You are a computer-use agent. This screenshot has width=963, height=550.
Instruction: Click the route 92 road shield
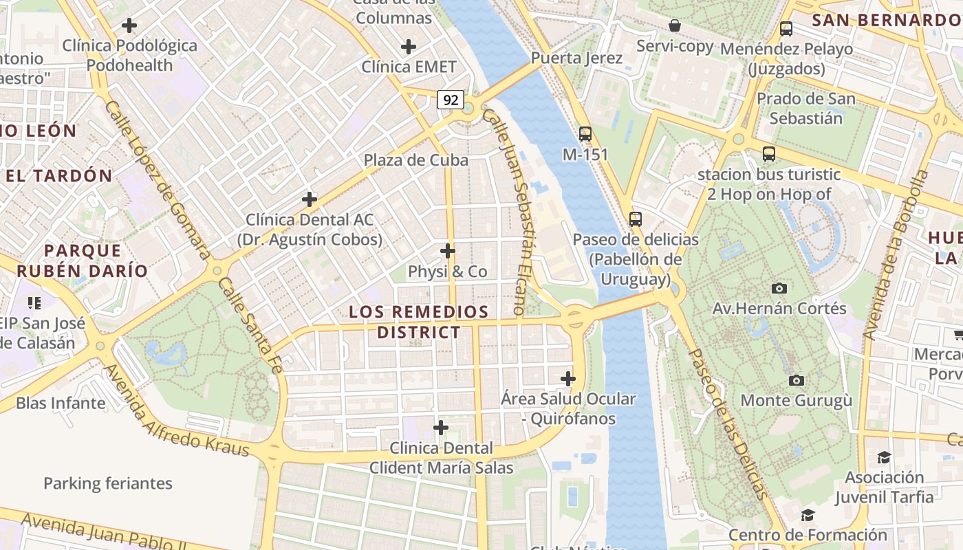coord(451,100)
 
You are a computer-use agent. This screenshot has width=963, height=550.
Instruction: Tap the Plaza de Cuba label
coord(415,160)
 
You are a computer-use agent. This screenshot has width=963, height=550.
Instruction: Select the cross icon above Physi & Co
coord(448,251)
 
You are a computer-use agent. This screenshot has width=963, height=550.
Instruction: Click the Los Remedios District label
coord(419,322)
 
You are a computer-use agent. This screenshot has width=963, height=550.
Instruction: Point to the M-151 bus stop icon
coord(585,134)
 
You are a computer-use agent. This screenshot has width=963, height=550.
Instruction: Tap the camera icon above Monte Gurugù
coord(796,380)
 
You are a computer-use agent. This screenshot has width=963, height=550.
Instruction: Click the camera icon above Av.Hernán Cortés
coord(779,288)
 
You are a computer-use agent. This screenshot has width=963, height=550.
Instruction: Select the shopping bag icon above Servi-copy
coord(675,26)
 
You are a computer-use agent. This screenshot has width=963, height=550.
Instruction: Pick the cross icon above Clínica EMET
coord(409,47)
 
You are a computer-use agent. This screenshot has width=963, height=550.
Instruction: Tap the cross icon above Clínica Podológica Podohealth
coord(129,26)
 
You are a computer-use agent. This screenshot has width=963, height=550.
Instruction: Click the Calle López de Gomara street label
coord(158,180)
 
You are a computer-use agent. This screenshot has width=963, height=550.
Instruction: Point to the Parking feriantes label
coord(108,483)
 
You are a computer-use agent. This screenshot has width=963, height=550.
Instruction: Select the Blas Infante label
coord(61,403)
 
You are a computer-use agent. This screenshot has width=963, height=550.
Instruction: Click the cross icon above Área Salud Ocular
coord(568,379)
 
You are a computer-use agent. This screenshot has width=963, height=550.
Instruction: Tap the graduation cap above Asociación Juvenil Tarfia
coord(884,457)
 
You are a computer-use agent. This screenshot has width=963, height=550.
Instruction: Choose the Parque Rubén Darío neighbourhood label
coord(83,261)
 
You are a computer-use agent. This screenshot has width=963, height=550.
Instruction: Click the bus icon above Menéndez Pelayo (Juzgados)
coord(786,29)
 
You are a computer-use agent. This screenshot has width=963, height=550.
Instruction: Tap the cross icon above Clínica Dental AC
coord(310,199)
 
